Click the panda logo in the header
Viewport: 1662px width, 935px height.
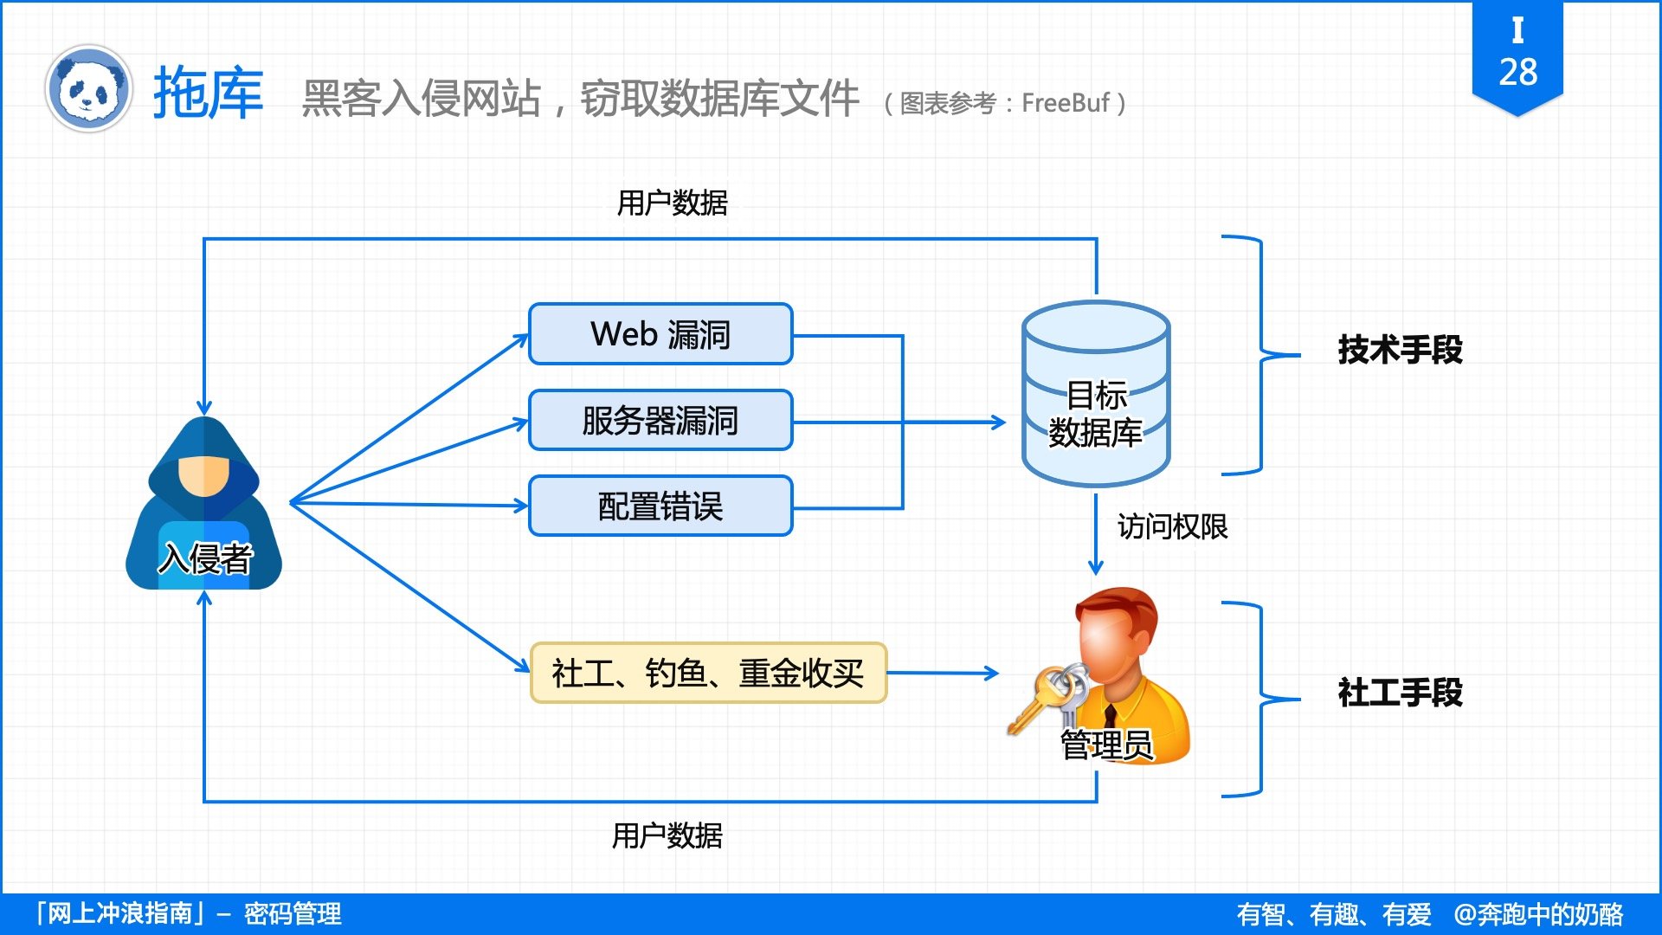pyautogui.click(x=87, y=88)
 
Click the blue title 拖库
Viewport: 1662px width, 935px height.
pyautogui.click(x=208, y=93)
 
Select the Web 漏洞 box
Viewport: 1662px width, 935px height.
pyautogui.click(x=660, y=334)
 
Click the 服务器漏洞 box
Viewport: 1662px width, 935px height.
pyautogui.click(x=660, y=421)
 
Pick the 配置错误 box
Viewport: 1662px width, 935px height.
pyautogui.click(x=660, y=506)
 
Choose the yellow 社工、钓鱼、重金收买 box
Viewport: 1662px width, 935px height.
pyautogui.click(x=708, y=673)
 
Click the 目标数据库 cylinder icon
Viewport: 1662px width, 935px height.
pyautogui.click(x=1096, y=394)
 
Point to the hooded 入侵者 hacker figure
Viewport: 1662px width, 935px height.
pyautogui.click(x=204, y=506)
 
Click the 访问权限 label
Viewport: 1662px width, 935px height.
pyautogui.click(x=1172, y=526)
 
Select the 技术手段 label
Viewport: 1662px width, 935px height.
pyautogui.click(x=1400, y=350)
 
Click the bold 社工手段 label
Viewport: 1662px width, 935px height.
pyautogui.click(x=1400, y=693)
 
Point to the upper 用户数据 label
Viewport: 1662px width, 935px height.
pyautogui.click(x=672, y=203)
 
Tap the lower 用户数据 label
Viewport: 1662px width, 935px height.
pyautogui.click(x=667, y=835)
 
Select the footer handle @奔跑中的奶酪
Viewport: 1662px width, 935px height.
pyautogui.click(x=1538, y=914)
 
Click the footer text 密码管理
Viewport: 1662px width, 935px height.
pyautogui.click(x=293, y=914)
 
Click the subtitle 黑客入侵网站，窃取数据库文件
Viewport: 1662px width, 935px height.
pyautogui.click(x=580, y=98)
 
